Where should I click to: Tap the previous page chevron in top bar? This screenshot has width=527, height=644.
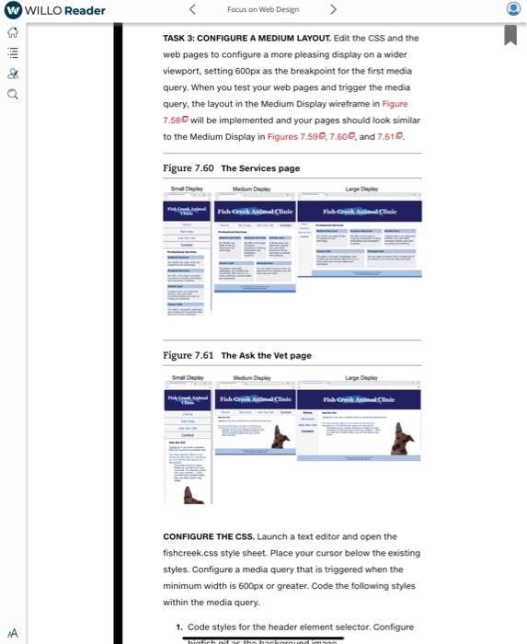[x=192, y=10]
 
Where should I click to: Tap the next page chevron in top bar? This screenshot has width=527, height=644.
[x=333, y=10]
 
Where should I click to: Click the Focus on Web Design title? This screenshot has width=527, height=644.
[x=262, y=10]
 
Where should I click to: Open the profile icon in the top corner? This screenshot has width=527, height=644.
[x=512, y=10]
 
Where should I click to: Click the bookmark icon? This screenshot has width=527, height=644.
[x=510, y=35]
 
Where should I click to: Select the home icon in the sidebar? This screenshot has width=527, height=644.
[x=12, y=32]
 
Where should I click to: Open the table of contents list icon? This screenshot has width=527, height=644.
[x=12, y=52]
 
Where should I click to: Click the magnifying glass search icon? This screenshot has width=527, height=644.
[x=12, y=93]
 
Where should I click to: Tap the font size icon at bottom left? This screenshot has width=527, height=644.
[x=12, y=633]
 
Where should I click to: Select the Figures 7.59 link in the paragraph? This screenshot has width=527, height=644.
[x=293, y=136]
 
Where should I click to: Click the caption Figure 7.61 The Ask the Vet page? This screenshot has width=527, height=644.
[x=236, y=355]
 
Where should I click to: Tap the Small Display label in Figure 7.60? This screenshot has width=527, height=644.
[x=188, y=188]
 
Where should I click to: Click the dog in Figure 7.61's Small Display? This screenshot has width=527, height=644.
[x=192, y=495]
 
